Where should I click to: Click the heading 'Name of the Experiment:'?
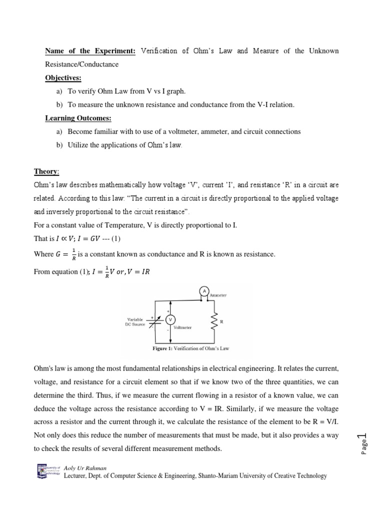click(91, 51)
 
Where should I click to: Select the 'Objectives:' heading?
click(63, 78)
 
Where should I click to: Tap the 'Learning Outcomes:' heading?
click(78, 118)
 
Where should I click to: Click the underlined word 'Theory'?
click(46, 171)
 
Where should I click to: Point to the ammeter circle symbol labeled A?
click(203, 290)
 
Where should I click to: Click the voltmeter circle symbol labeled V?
click(171, 319)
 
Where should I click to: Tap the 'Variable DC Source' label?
click(135, 321)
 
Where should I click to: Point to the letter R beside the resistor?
click(221, 322)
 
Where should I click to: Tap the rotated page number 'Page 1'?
click(362, 440)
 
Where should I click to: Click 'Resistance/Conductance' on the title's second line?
click(82, 64)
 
